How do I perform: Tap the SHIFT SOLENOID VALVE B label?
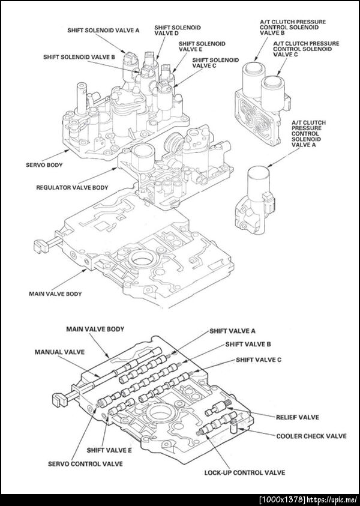coord(79,56)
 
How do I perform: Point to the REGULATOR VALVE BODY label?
coord(72,188)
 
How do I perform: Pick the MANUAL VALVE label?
coord(59,351)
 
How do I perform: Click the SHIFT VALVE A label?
coord(233,330)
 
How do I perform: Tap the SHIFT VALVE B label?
coord(248,345)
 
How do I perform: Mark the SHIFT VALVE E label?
coord(109,450)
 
